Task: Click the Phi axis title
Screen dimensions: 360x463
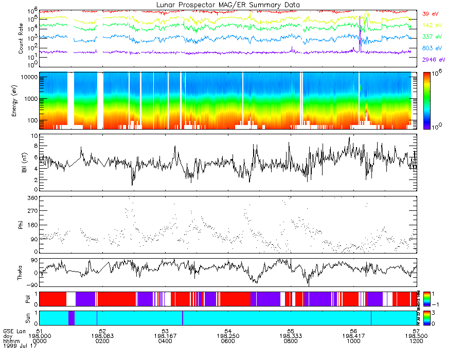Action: pyautogui.click(x=21, y=224)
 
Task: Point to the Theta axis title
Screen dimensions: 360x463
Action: pyautogui.click(x=21, y=275)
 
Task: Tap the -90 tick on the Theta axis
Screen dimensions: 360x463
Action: pyautogui.click(x=31, y=285)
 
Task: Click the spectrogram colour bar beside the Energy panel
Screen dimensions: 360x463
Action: pyautogui.click(x=427, y=101)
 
